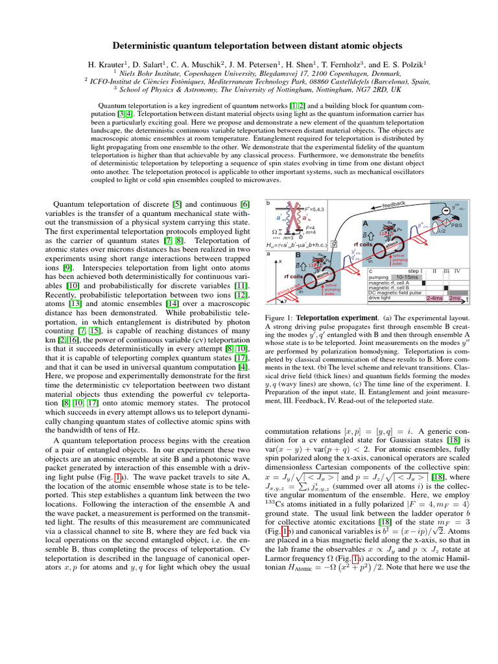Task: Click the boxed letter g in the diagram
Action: [x=334, y=244]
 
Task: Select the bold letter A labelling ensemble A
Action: [x=366, y=223]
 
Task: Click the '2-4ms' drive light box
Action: [x=434, y=298]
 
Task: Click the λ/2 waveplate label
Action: [x=442, y=231]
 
